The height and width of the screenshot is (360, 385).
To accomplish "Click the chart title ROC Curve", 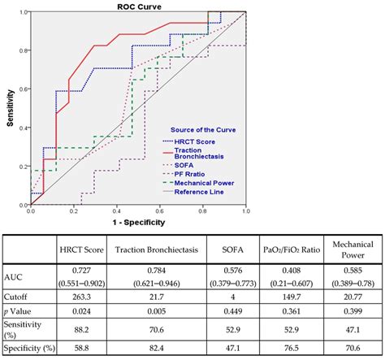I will (x=137, y=6).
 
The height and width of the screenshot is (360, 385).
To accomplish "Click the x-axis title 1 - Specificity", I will (x=137, y=221).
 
